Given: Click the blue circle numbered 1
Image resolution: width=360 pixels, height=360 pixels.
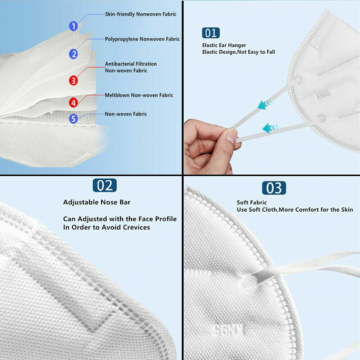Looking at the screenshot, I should coord(73,26).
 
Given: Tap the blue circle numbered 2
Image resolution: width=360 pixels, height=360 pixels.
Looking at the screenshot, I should coord(73,54).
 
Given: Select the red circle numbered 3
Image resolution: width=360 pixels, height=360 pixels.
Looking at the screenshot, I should coord(73,80).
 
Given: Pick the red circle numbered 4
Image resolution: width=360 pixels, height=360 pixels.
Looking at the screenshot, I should coord(73,103).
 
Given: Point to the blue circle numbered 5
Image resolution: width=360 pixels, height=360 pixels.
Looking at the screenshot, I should coord(73,118).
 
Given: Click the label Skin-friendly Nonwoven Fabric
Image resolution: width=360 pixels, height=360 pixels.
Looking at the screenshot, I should coord(141,14).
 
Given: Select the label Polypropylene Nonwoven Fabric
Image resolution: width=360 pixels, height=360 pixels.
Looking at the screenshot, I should coord(142,39).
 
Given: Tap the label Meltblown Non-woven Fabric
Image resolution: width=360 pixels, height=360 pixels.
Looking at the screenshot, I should coord(139,95).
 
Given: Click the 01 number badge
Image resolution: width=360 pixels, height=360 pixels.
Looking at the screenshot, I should coord(211,33).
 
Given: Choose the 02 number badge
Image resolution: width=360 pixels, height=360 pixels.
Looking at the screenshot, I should coord(105,185).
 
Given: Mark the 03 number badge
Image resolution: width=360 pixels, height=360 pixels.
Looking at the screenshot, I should coord(274,188).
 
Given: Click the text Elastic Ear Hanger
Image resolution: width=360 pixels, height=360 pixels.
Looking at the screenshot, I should coord(224,45).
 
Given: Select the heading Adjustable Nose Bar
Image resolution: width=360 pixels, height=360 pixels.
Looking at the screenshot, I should coord(97,202).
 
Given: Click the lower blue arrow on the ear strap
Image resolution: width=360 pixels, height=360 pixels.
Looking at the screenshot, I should coord(270,127).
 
